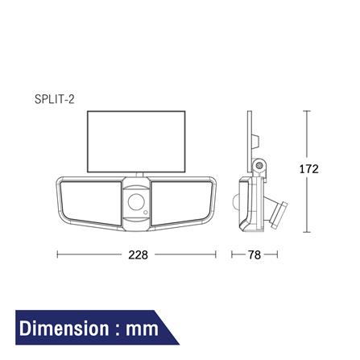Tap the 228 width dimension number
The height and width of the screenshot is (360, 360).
pos(139,254)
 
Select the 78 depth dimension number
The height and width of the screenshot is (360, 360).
pos(254,254)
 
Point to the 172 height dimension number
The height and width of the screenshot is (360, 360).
pos(308,169)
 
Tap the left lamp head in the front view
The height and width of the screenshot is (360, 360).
pos(86,201)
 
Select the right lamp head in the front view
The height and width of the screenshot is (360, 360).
pos(186,201)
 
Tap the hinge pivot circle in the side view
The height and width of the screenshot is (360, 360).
pos(259,166)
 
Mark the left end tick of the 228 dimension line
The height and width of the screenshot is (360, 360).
pos(56,254)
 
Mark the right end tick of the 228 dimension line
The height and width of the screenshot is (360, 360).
pos(216,254)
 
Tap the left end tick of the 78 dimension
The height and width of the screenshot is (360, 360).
pos(232,254)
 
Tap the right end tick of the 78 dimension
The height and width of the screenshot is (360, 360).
pos(277,254)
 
